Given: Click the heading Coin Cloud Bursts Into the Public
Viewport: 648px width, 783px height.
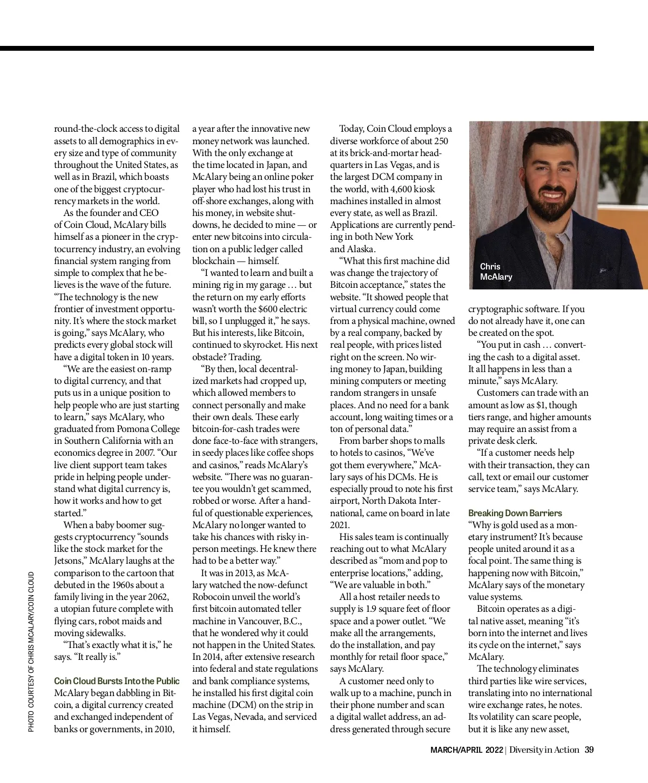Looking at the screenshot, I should pyautogui.click(x=117, y=681).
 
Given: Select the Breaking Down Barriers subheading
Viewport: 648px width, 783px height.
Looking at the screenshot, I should pyautogui.click(x=515, y=513).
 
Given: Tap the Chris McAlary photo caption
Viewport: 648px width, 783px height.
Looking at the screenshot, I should pyautogui.click(x=496, y=272).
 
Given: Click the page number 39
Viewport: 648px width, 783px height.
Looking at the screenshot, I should pyautogui.click(x=589, y=750).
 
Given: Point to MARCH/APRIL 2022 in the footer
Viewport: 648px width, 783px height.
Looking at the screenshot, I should pyautogui.click(x=466, y=750).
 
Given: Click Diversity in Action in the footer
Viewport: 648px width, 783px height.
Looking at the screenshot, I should pyautogui.click(x=544, y=750).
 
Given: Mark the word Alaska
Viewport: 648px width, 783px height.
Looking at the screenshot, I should pyautogui.click(x=360, y=249).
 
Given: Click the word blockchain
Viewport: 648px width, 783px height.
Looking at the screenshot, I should pyautogui.click(x=213, y=261).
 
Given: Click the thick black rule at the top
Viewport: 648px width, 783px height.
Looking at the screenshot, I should pyautogui.click(x=297, y=49).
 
